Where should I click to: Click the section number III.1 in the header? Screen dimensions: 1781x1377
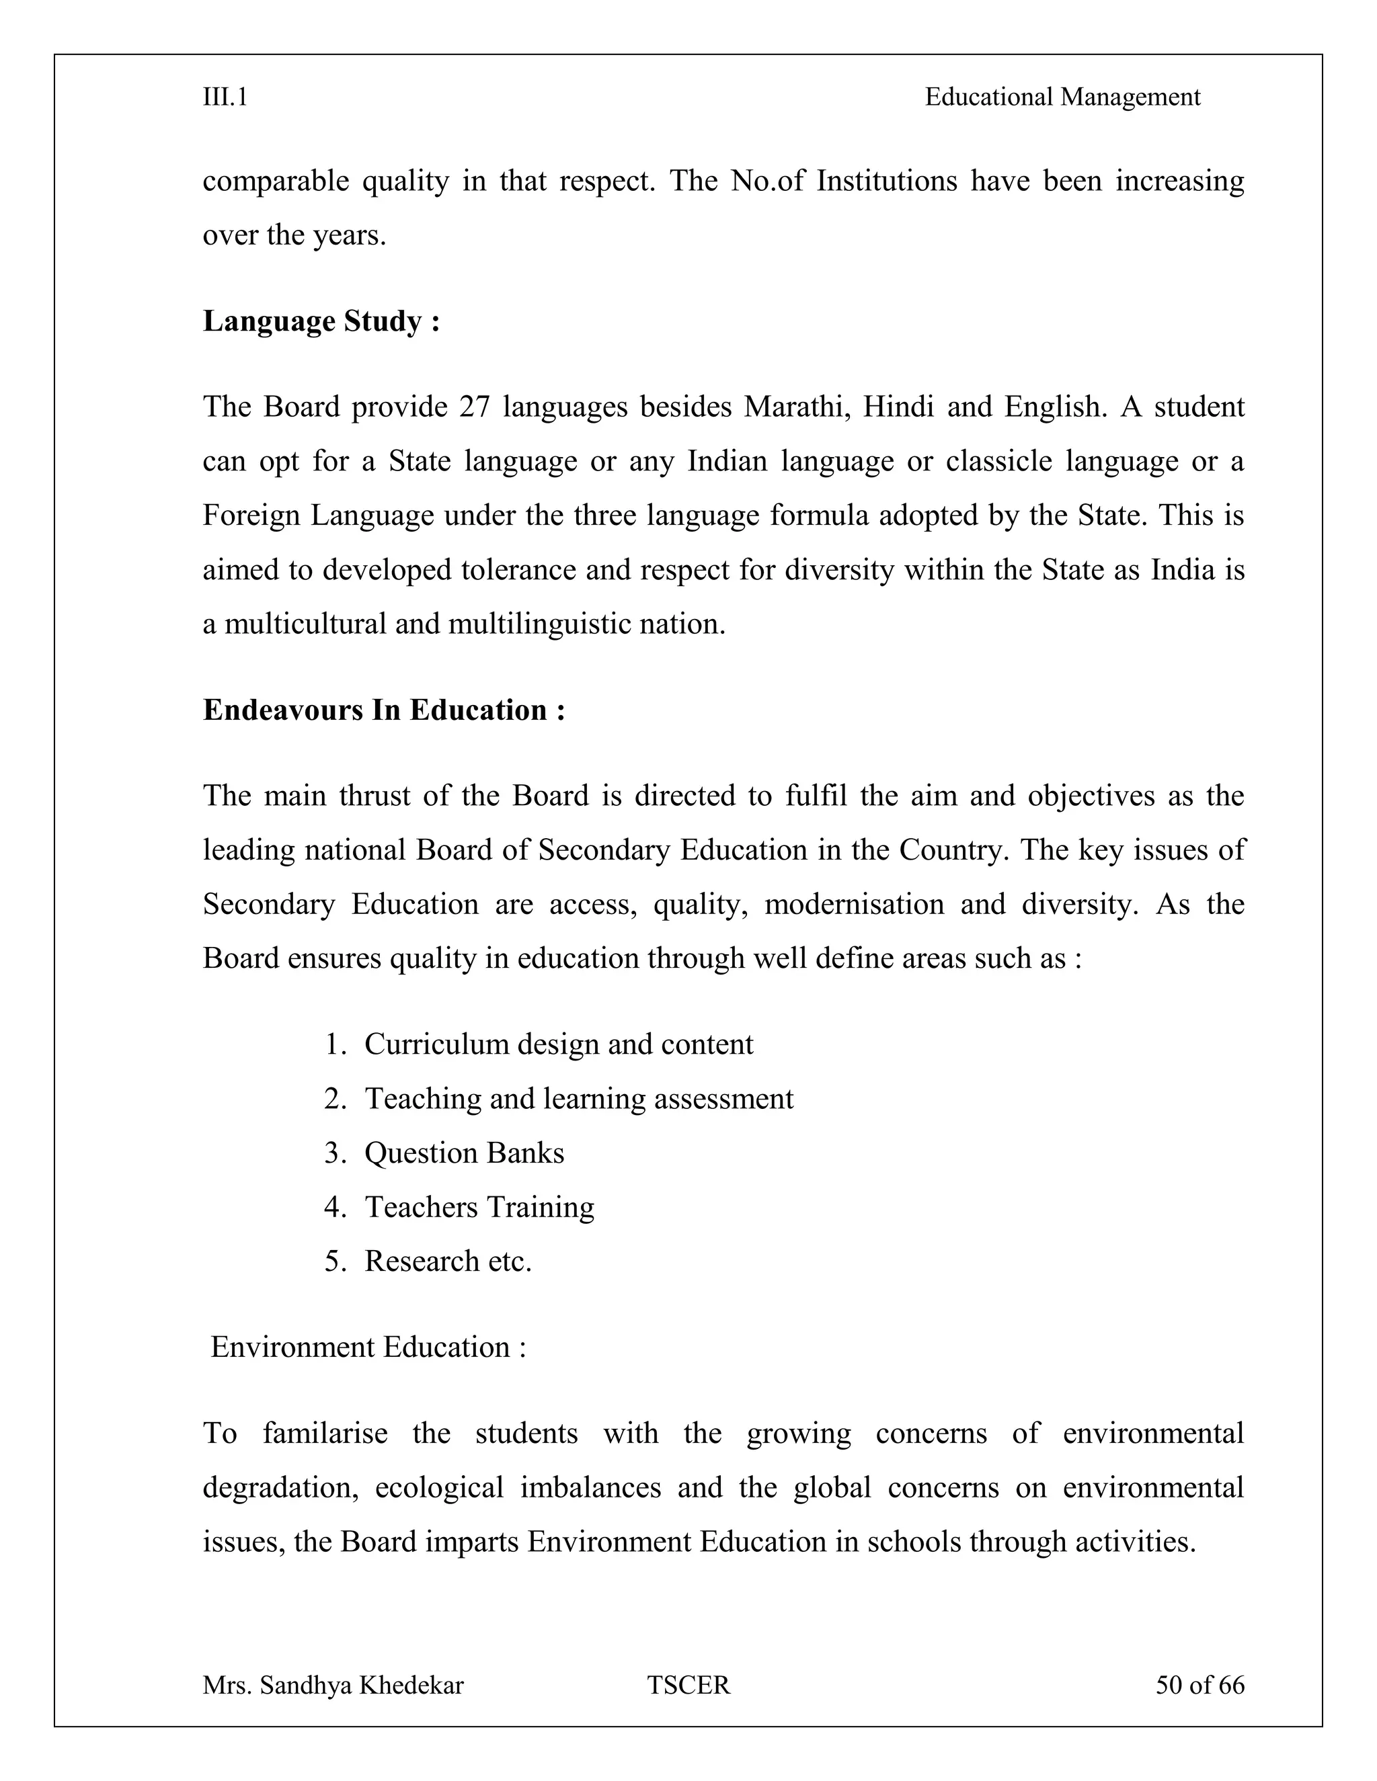[x=225, y=98]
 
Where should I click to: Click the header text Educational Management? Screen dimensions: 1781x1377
[x=1062, y=98]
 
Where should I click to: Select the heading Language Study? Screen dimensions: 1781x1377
[x=321, y=321]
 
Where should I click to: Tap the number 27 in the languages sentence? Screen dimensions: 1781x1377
[x=474, y=407]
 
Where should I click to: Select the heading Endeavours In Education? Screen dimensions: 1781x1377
[x=383, y=710]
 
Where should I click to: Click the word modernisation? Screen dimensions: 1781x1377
[x=853, y=905]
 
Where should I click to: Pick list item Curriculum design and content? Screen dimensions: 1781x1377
[x=558, y=1044]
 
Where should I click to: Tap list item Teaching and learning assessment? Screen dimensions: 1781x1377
[x=578, y=1100]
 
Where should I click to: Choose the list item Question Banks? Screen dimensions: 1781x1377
[x=463, y=1153]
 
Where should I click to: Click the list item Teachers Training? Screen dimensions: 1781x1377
[x=479, y=1207]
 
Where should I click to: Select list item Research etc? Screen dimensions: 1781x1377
[x=448, y=1261]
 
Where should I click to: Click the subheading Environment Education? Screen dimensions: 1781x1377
[x=368, y=1347]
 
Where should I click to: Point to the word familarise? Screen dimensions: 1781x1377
[x=325, y=1434]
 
